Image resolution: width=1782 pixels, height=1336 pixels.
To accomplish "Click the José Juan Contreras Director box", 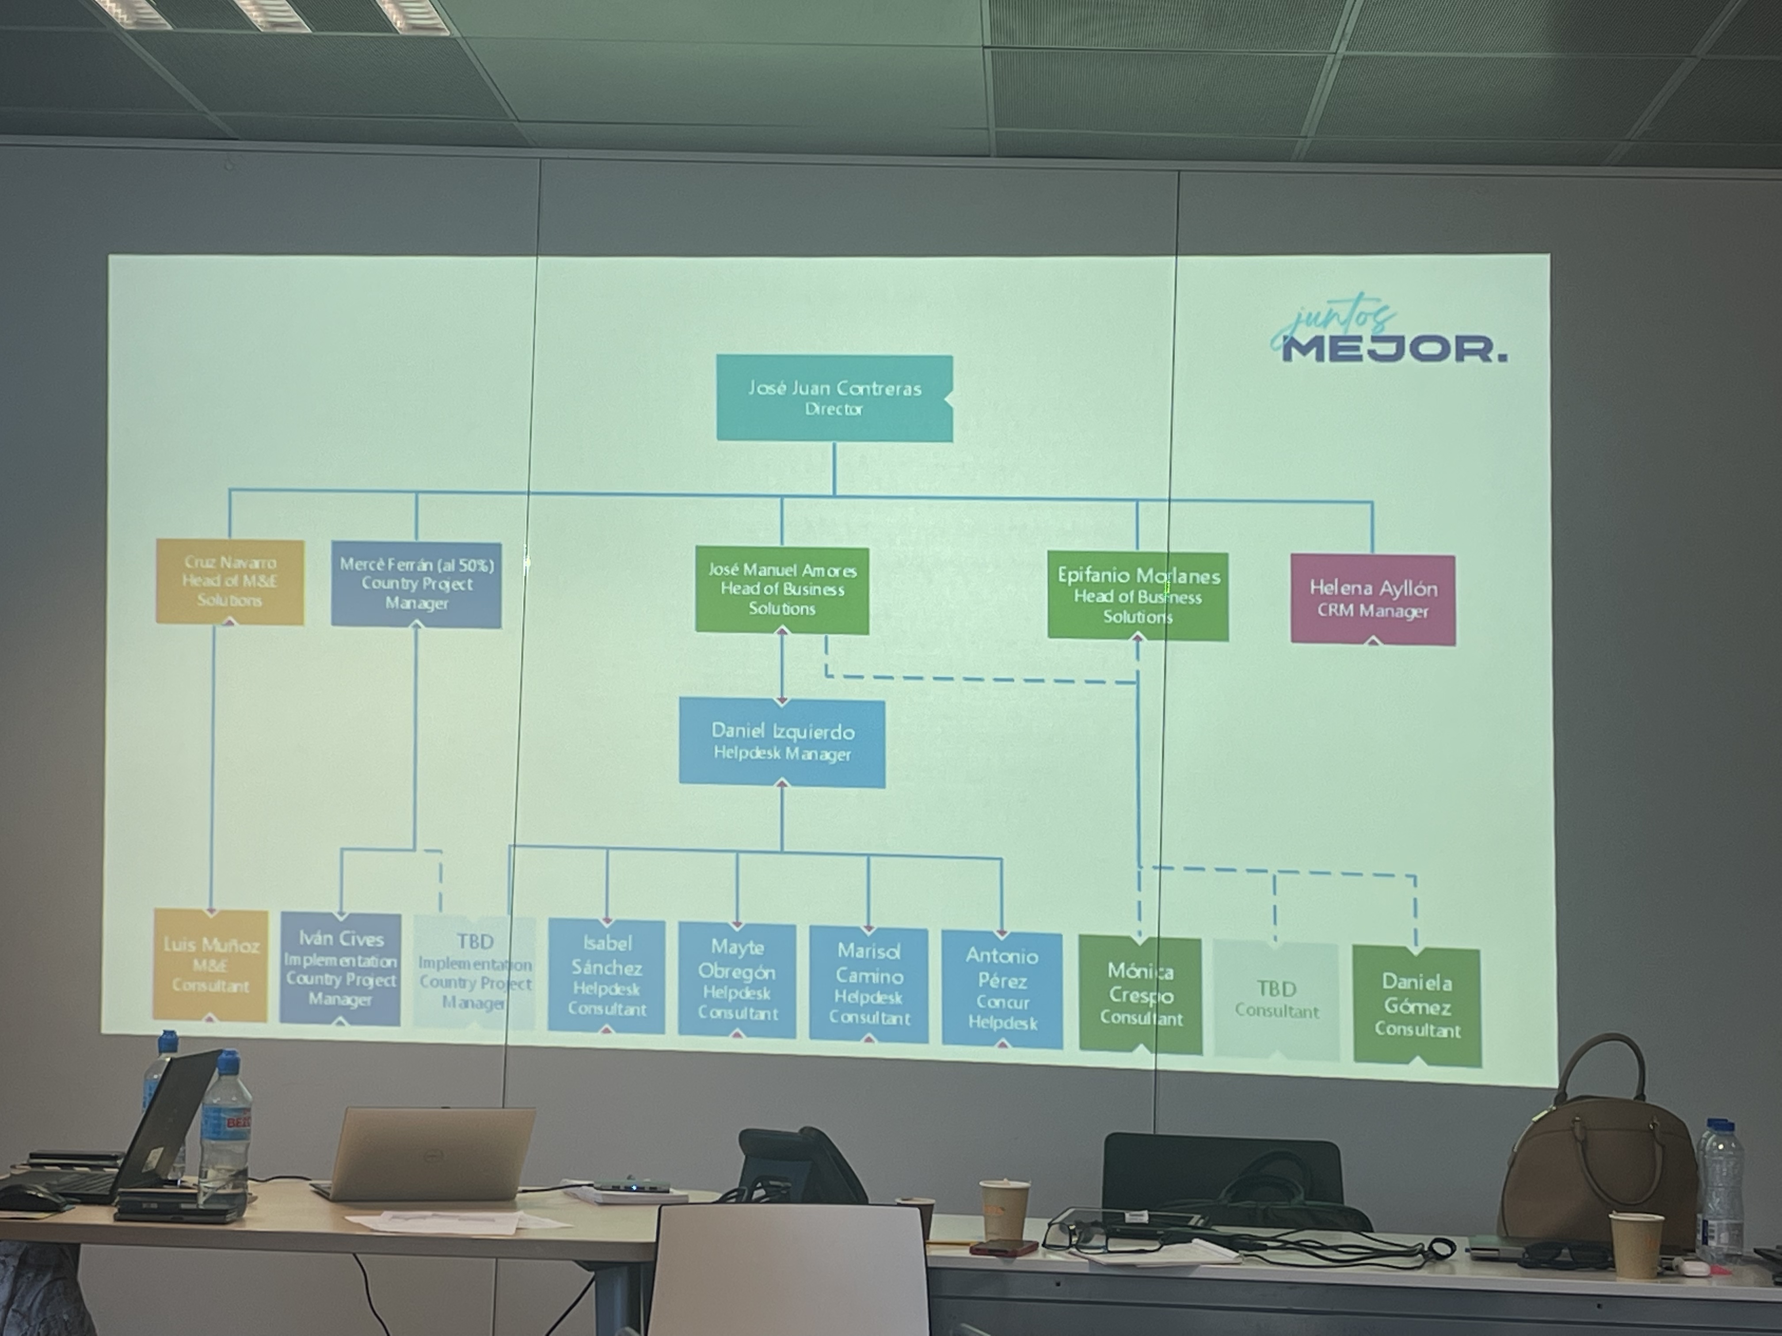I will click(x=834, y=398).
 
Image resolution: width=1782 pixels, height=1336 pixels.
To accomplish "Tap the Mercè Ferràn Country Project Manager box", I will click(x=416, y=584).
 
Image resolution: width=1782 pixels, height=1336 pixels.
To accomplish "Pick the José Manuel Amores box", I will click(x=781, y=589).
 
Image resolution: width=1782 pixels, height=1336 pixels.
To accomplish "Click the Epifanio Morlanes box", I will click(x=1138, y=596).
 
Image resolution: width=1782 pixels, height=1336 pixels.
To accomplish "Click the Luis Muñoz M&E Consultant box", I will click(x=210, y=965).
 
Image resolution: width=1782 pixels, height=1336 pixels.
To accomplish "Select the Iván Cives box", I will click(x=340, y=969).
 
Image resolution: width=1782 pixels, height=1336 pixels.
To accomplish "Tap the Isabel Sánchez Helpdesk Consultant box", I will click(x=607, y=975).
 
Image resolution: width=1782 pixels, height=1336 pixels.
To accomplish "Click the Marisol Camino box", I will click(x=868, y=984).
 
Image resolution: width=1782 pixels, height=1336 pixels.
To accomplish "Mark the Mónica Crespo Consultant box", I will click(x=1140, y=994).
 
